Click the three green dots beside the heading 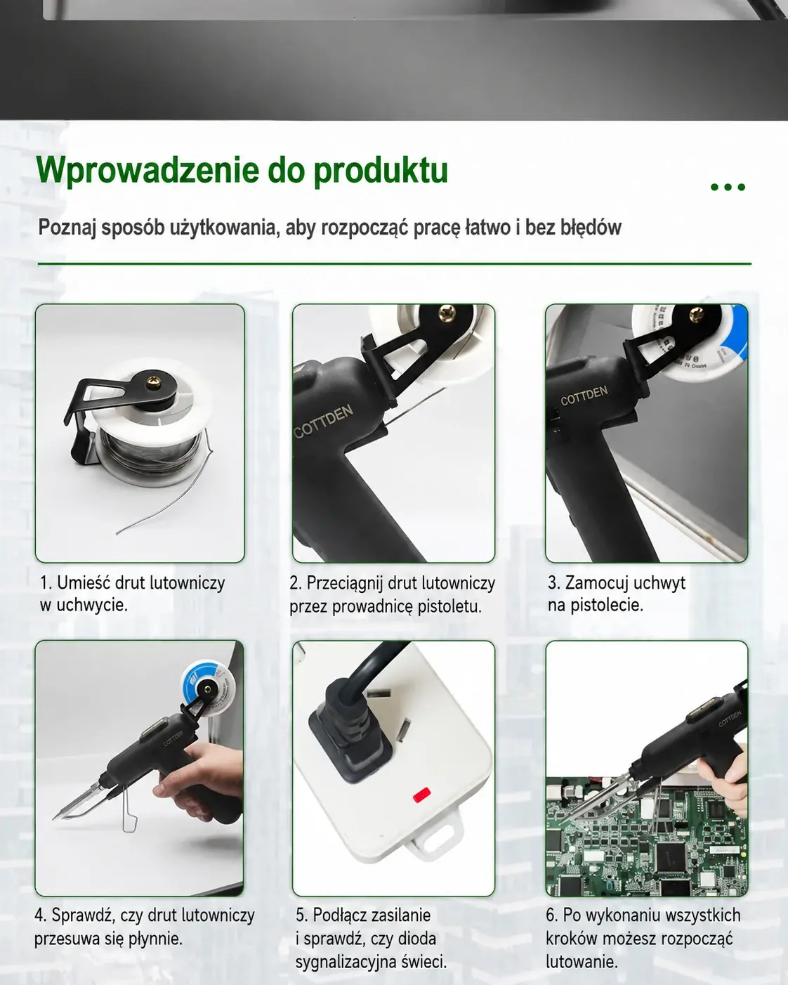(x=728, y=187)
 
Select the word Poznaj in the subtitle (x=67, y=227)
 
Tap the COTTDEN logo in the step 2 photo (x=324, y=421)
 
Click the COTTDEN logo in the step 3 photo (x=584, y=395)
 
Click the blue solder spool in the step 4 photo (x=207, y=684)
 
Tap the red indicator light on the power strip (x=421, y=795)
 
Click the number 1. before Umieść (x=46, y=583)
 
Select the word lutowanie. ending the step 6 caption (x=582, y=961)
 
